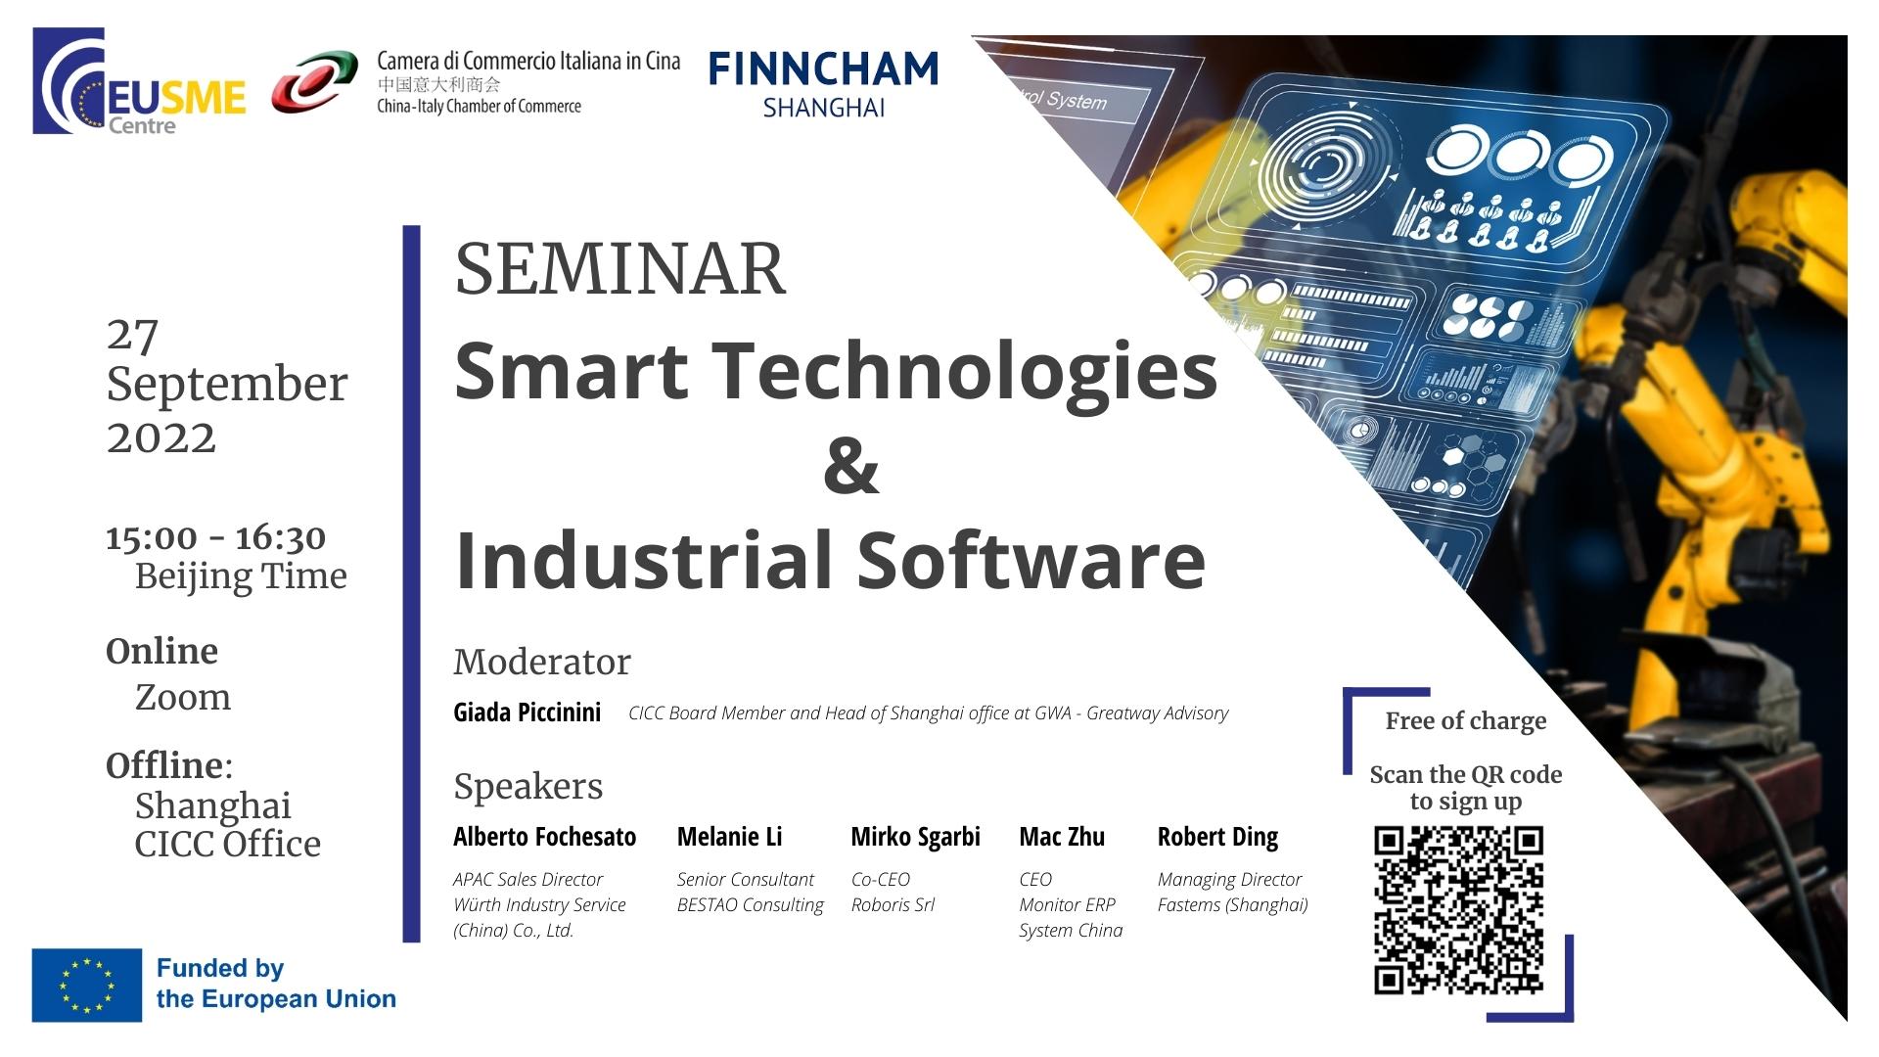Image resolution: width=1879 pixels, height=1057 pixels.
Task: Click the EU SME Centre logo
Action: coord(139,81)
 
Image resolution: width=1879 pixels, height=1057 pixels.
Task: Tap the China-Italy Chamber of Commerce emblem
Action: coord(314,82)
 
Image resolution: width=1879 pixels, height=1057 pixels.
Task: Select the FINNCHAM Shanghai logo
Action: coord(823,84)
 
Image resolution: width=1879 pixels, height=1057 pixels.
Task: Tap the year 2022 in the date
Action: coord(161,437)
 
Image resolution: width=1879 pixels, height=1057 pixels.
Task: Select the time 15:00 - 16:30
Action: coord(216,537)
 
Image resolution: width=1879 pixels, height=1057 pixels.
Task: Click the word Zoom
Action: coord(183,697)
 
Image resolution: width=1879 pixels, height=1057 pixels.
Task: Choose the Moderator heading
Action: coord(542,662)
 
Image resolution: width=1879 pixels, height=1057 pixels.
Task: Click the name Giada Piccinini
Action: coord(527,712)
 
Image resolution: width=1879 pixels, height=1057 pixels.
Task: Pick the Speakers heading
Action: coord(528,787)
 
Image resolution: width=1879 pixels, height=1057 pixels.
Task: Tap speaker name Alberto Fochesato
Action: coord(545,837)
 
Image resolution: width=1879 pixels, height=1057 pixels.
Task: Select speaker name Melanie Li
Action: coord(730,837)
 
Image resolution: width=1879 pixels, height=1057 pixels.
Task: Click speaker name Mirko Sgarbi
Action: coord(916,838)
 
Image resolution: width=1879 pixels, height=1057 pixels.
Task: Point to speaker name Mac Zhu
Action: coord(1062,837)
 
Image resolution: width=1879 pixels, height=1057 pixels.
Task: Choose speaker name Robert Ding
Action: coord(1218,838)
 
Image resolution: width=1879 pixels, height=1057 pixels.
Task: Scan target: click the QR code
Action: coord(1459,910)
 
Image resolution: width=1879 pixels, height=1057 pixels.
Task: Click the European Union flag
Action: coord(87,985)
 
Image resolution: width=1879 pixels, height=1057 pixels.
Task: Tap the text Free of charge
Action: coord(1466,721)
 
